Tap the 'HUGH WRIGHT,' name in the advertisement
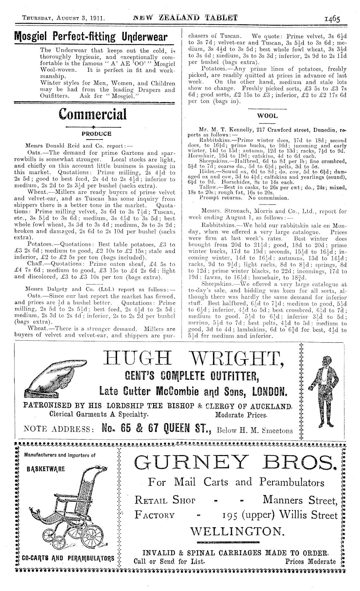194,360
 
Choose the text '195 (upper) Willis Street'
280,515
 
